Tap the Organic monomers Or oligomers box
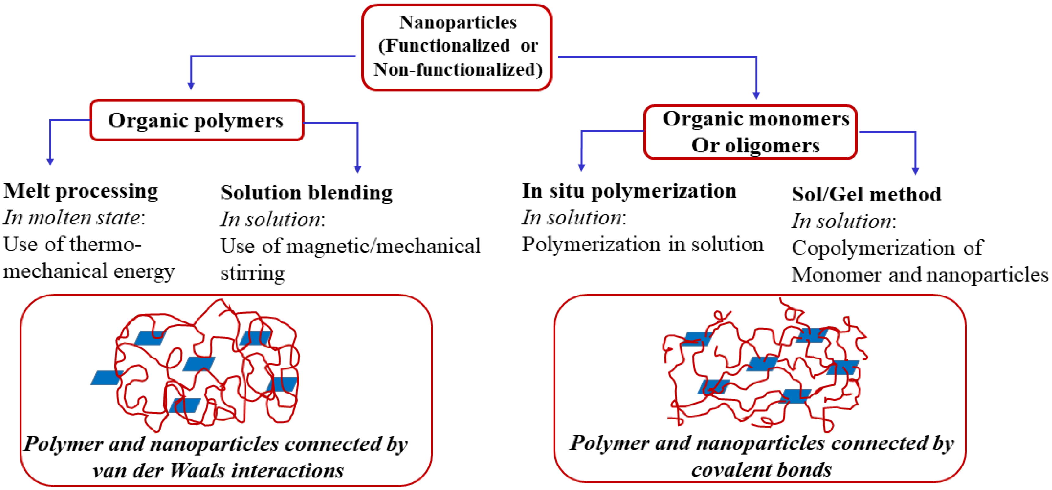pos(751,132)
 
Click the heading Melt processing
pos(81,191)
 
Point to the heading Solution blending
pos(306,193)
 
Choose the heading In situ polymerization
pos(629,191)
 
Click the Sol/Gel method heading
pos(866,194)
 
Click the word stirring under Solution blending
pos(252,273)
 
